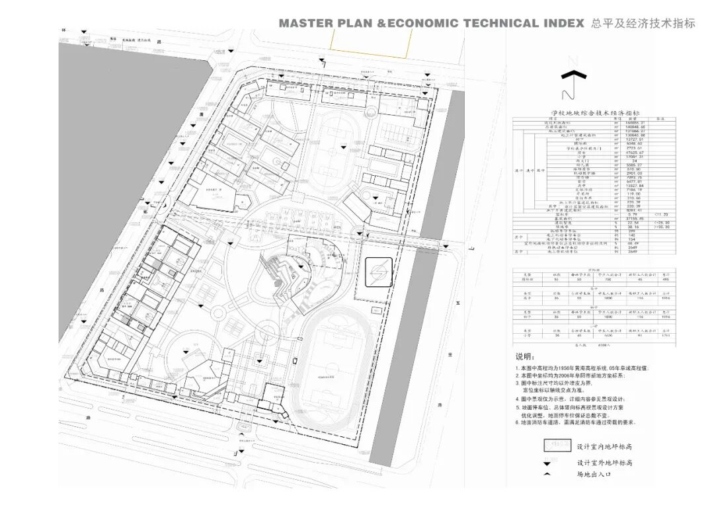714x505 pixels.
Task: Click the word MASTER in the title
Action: (x=304, y=23)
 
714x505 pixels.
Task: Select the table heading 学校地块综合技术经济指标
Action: (x=594, y=114)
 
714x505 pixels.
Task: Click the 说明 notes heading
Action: (x=524, y=357)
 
